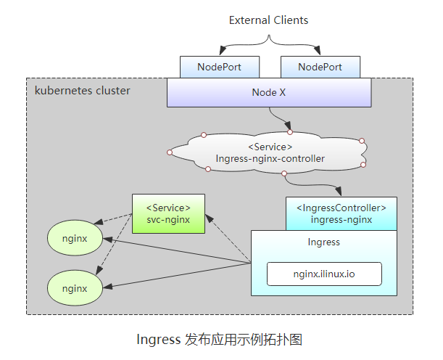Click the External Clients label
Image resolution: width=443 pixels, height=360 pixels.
click(268, 20)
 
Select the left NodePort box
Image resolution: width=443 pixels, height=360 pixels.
click(219, 67)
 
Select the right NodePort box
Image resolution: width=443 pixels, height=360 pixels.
click(320, 67)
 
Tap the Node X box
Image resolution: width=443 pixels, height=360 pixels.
click(269, 93)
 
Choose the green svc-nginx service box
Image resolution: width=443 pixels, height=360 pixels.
click(168, 213)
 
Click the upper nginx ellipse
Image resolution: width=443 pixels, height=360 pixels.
click(75, 238)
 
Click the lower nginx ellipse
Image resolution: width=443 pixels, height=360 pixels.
click(75, 288)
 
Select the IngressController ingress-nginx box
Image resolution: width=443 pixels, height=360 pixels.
click(341, 213)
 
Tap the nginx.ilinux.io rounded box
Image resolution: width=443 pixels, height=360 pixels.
click(324, 274)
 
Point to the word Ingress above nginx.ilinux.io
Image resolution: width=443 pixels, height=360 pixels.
click(323, 242)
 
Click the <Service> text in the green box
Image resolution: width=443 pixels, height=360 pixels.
click(168, 208)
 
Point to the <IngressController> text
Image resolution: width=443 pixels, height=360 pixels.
click(341, 208)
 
